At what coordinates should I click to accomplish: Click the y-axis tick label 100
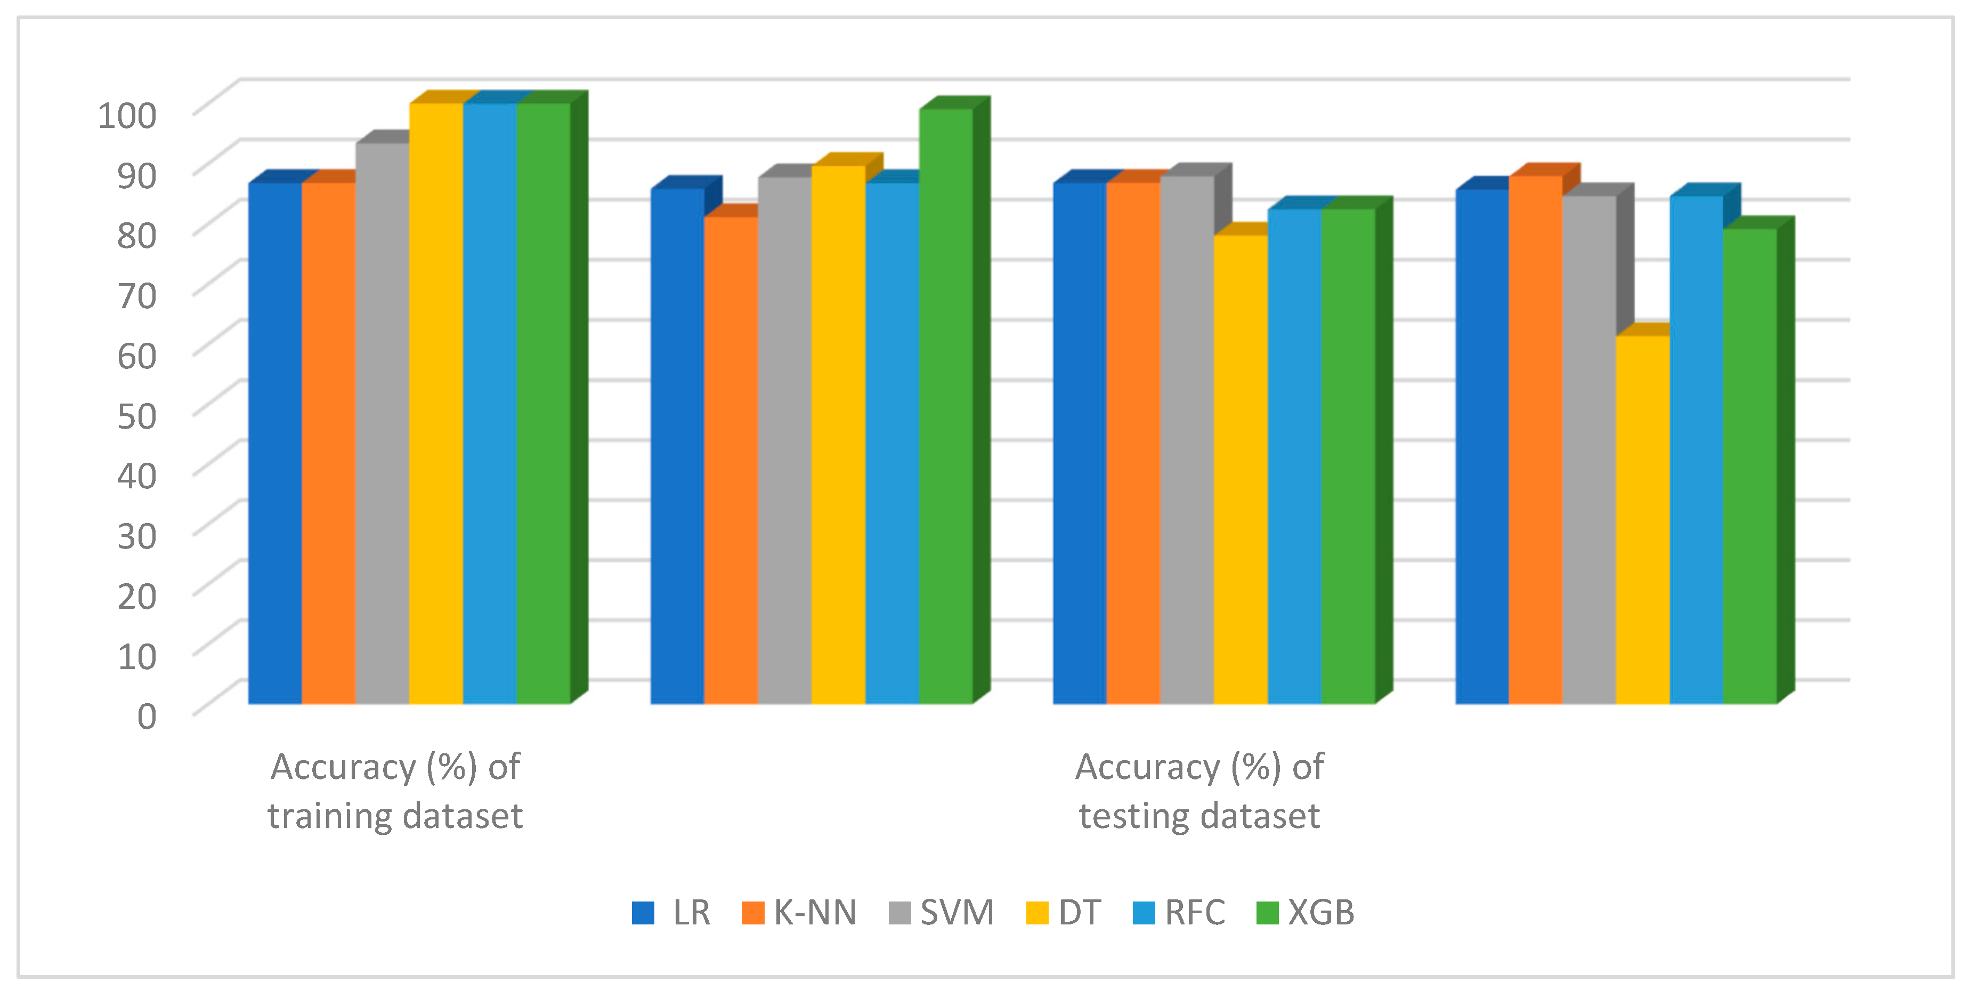coord(127,116)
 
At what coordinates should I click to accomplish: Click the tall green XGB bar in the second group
coord(945,406)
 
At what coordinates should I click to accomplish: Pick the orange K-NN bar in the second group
coord(731,459)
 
